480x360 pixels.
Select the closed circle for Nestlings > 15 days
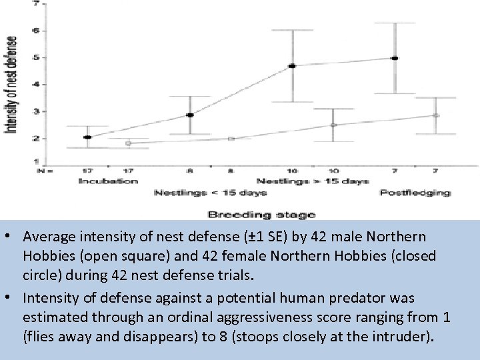pos(292,66)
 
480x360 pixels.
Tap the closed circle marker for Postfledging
pos(395,59)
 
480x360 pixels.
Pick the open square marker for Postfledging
pos(436,115)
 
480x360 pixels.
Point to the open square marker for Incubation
pos(128,143)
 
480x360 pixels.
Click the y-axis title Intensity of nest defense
pos(11,84)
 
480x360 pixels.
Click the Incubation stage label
pos(108,181)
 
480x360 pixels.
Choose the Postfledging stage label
pos(415,193)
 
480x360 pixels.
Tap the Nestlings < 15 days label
pos(211,193)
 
